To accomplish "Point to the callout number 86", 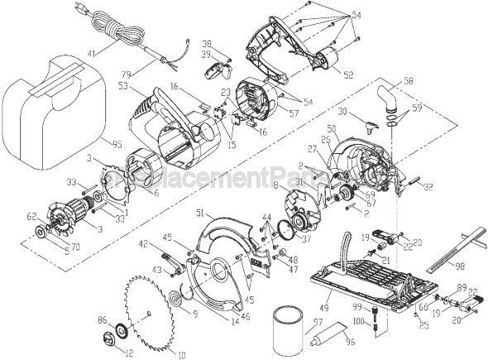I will point(102,318).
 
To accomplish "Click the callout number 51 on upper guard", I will point(200,214).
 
